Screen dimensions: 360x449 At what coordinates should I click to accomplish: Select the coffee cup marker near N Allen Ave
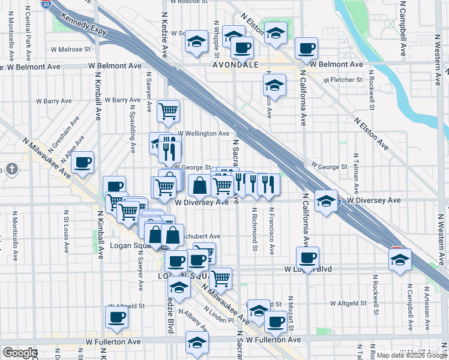point(82,162)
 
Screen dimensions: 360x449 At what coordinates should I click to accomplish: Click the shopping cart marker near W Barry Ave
point(168,110)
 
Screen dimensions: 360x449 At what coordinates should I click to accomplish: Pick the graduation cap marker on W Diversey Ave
point(326,200)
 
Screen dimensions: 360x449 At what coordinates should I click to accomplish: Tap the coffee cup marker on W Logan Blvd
point(307,258)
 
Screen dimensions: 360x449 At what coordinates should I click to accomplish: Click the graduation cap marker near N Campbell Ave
point(400,260)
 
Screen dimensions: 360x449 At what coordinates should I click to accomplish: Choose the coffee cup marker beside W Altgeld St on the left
point(116,317)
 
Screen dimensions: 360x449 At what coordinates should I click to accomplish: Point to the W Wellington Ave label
point(203,133)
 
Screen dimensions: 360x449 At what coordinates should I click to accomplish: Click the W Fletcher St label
point(343,79)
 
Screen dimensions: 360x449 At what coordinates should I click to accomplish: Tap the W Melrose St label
point(70,49)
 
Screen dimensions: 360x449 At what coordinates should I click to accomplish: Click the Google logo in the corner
point(20,353)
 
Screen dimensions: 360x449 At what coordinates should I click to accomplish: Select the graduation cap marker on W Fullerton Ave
point(196,342)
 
